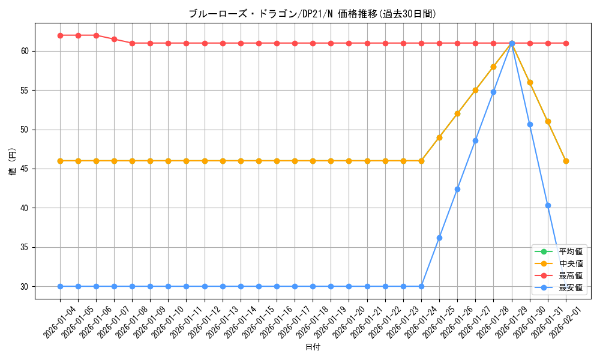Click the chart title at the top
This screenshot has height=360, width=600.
(x=313, y=13)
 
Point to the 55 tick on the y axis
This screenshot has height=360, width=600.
(x=25, y=91)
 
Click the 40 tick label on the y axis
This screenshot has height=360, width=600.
(x=25, y=208)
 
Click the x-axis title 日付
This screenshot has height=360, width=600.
(x=313, y=347)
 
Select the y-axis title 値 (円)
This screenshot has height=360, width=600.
(x=12, y=161)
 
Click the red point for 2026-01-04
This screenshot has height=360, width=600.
(x=60, y=35)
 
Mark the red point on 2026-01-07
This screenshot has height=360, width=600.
(x=114, y=39)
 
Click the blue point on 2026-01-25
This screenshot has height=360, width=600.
(x=439, y=238)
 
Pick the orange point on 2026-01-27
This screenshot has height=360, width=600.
(x=475, y=90)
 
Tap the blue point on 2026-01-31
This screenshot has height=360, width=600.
(x=548, y=205)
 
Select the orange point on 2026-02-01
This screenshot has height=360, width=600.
(x=566, y=161)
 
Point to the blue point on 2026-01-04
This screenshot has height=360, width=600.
(x=60, y=286)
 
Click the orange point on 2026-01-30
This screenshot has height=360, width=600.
(x=530, y=82)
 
